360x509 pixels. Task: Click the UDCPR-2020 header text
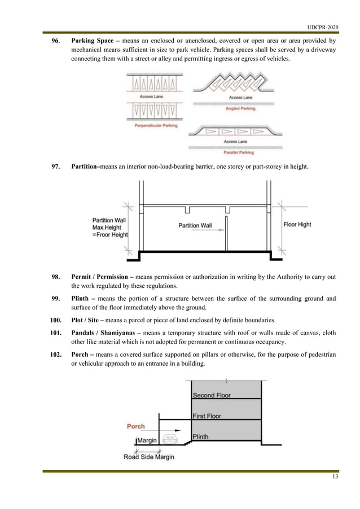323,27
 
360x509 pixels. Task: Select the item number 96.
56,41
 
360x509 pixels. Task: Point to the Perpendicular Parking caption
156,126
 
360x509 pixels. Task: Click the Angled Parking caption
240,108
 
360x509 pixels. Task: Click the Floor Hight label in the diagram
297,225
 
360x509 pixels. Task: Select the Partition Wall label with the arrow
195,226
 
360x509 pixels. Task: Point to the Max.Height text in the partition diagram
110,227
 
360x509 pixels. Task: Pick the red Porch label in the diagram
135,427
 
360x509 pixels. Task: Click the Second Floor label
212,396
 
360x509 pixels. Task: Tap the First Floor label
207,416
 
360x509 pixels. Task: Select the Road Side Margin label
149,457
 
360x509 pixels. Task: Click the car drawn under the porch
170,438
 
